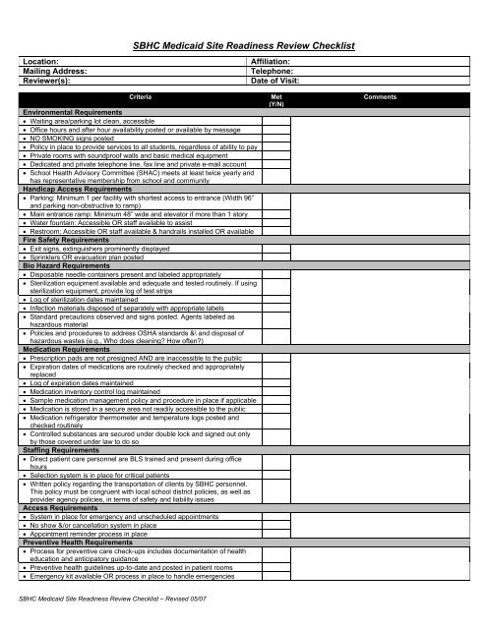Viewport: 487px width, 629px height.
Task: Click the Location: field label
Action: [x=44, y=61]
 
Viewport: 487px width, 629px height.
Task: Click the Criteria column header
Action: [x=139, y=98]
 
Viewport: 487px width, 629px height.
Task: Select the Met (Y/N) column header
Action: [x=276, y=101]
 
